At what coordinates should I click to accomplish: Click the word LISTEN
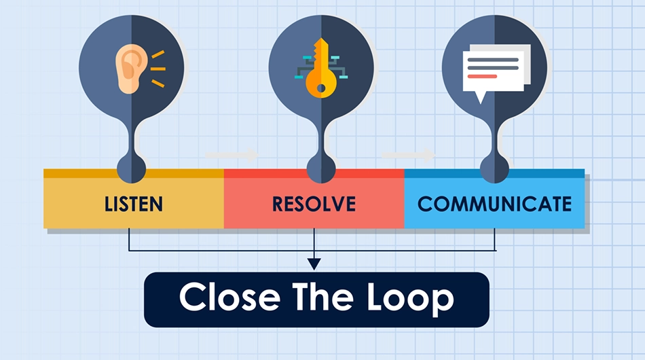click(x=134, y=204)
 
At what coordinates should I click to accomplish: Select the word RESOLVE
click(x=314, y=204)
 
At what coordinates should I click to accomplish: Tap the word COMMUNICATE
click(x=494, y=204)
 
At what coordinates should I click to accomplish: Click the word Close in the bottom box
click(x=229, y=297)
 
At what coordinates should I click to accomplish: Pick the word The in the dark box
click(x=323, y=296)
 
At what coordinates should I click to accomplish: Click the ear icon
click(x=131, y=69)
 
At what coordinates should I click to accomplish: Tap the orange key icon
click(x=321, y=69)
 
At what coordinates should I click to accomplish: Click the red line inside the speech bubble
click(x=482, y=77)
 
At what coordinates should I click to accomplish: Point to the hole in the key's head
click(x=321, y=88)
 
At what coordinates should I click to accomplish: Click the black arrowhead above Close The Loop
click(x=314, y=264)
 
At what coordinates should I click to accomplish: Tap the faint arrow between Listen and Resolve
click(x=232, y=155)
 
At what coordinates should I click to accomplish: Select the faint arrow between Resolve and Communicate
click(x=409, y=155)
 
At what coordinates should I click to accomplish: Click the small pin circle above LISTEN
click(x=131, y=168)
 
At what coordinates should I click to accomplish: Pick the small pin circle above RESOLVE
click(x=321, y=168)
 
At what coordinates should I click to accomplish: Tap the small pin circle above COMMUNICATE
click(x=494, y=168)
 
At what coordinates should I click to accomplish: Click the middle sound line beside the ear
click(x=158, y=69)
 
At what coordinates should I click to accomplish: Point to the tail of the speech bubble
click(x=480, y=98)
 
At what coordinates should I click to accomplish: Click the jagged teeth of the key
click(x=316, y=53)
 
